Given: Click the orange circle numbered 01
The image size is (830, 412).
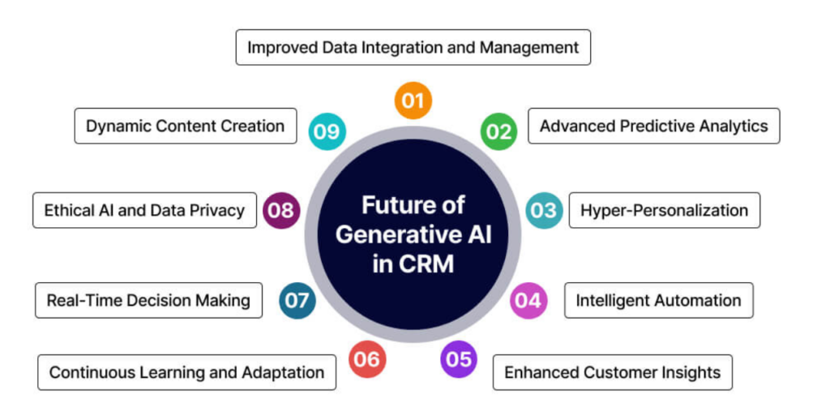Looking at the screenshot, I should click(413, 101).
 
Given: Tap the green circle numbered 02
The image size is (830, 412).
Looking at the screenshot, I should click(498, 131).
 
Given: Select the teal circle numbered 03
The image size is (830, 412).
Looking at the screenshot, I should click(544, 210).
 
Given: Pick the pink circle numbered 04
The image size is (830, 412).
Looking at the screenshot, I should click(528, 300).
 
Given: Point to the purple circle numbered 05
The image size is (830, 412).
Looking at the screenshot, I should click(459, 358).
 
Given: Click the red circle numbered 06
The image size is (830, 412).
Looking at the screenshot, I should click(367, 358).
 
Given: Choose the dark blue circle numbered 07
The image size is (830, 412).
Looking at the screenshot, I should click(297, 301).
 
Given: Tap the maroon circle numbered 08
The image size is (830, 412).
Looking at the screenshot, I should click(282, 211).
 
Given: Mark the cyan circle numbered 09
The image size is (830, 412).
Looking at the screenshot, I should click(327, 131).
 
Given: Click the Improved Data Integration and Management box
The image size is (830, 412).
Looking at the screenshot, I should click(413, 48).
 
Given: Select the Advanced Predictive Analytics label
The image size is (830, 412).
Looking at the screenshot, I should click(653, 126).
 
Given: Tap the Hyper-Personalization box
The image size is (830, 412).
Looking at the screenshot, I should click(664, 210).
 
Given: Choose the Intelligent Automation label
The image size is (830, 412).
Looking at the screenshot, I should click(658, 300).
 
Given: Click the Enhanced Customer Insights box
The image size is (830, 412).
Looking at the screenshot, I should click(612, 372).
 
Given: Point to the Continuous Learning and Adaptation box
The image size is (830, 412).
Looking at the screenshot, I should click(186, 372).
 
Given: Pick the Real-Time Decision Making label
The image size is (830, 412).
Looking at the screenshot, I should click(148, 300).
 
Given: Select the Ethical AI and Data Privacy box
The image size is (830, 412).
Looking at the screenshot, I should click(144, 210).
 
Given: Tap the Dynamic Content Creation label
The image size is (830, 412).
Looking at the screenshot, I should click(185, 126).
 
